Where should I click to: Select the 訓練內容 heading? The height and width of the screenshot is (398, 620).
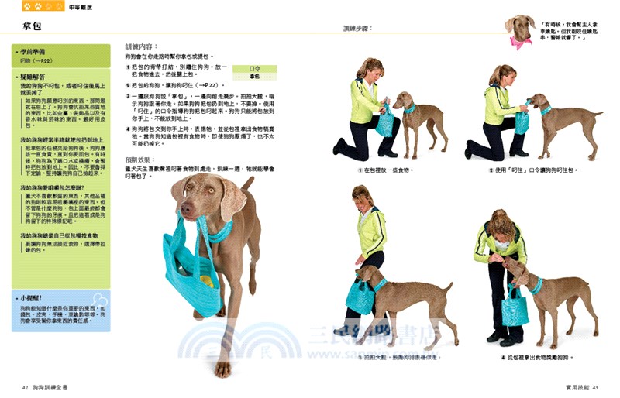pyautogui.click(x=142, y=46)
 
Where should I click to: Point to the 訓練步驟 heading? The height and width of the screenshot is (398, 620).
pyautogui.click(x=358, y=29)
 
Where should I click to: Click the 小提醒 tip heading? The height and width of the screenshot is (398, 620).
pyautogui.click(x=35, y=296)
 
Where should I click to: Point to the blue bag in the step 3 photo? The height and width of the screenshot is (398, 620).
pyautogui.click(x=360, y=296)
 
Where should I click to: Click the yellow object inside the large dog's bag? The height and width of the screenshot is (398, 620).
pyautogui.click(x=206, y=280)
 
